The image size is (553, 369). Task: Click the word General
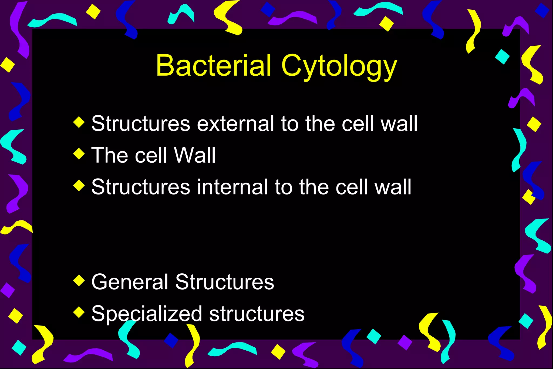click(x=130, y=282)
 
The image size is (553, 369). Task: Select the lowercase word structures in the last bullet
click(x=257, y=314)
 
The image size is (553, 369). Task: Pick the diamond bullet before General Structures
click(x=79, y=280)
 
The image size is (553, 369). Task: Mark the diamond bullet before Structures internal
click(x=79, y=186)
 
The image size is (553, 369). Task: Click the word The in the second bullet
click(x=110, y=155)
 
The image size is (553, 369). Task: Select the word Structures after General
click(x=225, y=282)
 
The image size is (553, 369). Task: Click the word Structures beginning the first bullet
click(x=141, y=124)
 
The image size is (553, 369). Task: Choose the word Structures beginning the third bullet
click(x=141, y=187)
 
